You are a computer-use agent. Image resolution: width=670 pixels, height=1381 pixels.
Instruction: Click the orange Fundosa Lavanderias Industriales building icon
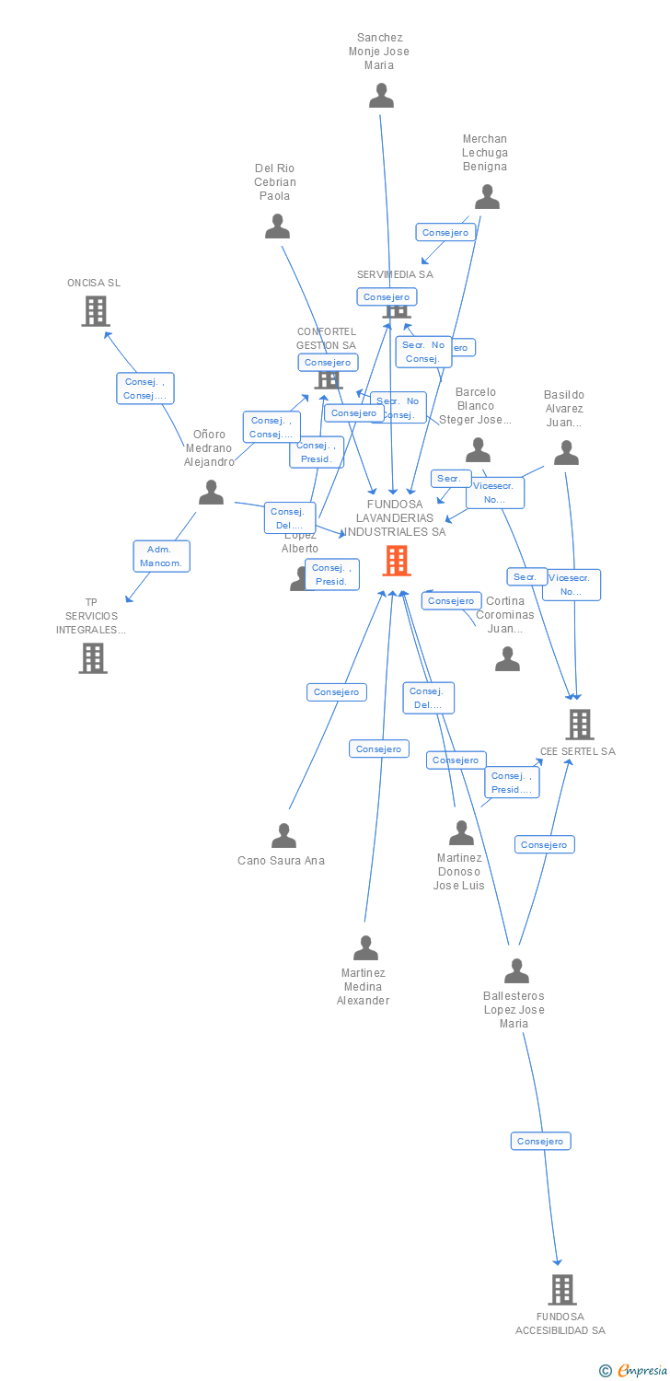click(x=397, y=560)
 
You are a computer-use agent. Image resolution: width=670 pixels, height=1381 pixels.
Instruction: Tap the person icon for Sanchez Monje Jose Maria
click(x=381, y=96)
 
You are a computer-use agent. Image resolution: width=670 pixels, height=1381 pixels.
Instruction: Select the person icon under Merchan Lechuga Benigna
click(x=487, y=197)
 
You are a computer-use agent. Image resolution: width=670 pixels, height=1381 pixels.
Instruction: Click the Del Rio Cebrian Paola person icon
click(x=277, y=226)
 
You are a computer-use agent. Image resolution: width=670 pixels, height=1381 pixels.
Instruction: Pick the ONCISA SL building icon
click(x=96, y=311)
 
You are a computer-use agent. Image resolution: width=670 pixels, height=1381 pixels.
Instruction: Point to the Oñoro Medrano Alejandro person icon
click(x=211, y=493)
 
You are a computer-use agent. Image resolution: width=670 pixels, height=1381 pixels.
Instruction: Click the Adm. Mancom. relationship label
click(x=162, y=556)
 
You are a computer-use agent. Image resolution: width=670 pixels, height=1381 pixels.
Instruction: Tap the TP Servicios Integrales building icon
click(x=93, y=658)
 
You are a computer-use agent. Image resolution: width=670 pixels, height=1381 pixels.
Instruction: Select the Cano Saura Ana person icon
click(x=283, y=836)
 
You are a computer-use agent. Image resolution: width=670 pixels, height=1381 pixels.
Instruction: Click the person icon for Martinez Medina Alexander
click(x=365, y=948)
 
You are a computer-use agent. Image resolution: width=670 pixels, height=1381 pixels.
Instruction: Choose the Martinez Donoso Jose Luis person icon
click(x=461, y=833)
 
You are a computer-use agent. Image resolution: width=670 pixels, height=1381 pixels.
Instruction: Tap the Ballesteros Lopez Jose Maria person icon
click(x=516, y=971)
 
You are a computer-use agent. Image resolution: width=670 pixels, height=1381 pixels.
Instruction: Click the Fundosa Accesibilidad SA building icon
click(x=562, y=1290)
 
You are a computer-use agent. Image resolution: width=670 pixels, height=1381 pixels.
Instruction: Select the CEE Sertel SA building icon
click(x=580, y=725)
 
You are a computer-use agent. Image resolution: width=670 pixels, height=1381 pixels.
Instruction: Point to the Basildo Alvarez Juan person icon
click(x=566, y=453)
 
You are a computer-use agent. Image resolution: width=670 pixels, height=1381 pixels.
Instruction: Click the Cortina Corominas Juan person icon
click(x=507, y=659)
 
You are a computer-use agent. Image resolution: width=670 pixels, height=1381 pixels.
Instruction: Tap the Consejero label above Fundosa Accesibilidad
click(x=541, y=1142)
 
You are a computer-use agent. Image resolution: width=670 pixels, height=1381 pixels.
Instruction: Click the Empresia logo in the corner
click(x=635, y=1371)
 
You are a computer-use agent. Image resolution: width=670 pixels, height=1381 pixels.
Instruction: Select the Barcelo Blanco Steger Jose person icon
click(x=478, y=450)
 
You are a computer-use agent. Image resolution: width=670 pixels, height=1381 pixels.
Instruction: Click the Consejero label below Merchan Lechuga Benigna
click(x=445, y=233)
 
